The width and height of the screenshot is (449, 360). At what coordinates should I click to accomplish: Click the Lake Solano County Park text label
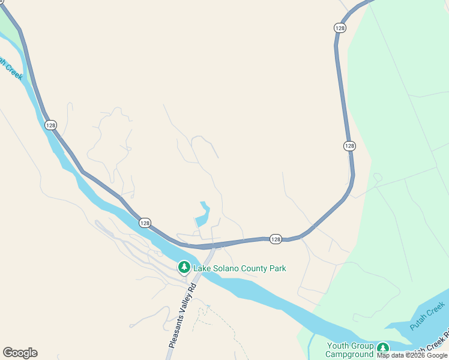click(240, 268)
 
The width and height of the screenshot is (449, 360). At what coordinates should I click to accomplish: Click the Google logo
click(20, 353)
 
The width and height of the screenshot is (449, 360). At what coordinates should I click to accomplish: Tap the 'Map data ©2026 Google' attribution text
click(412, 356)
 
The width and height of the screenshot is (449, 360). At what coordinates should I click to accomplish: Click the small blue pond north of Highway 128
click(203, 215)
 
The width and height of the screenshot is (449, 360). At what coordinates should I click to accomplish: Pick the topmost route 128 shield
click(340, 28)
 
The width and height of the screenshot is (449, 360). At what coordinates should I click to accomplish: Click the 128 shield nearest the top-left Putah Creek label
click(50, 125)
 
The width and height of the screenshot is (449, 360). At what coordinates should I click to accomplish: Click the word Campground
click(350, 355)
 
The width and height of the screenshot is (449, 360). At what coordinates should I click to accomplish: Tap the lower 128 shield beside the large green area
click(349, 146)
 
